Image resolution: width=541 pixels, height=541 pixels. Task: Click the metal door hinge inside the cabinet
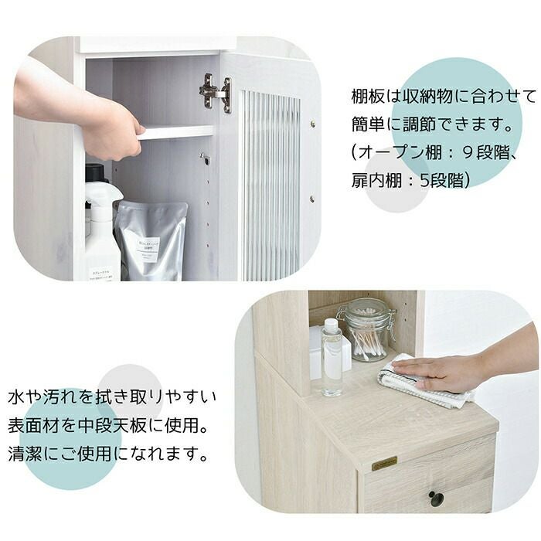[x=216, y=93]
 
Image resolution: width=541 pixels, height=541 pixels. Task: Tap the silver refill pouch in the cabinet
[x=151, y=240]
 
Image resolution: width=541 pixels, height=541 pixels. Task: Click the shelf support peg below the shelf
[x=205, y=158]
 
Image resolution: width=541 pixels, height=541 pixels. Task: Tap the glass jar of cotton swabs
[x=367, y=332]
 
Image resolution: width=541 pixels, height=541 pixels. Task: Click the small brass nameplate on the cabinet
[x=384, y=464]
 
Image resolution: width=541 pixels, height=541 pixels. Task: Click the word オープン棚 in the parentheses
[x=400, y=152]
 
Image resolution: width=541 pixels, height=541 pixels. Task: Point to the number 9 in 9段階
[x=468, y=152]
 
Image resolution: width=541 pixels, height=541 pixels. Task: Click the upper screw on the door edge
[x=312, y=123]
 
